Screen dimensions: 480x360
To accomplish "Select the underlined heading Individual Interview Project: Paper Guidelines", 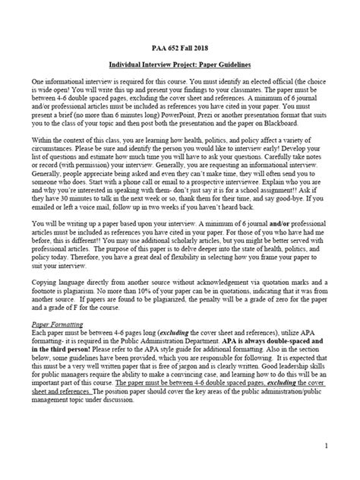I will tap(179, 65).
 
